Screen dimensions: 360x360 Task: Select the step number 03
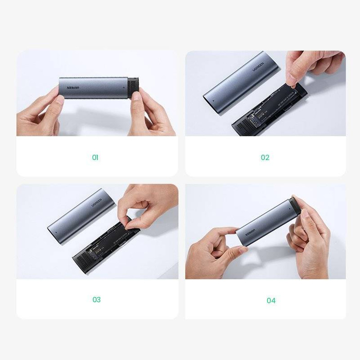96,300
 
